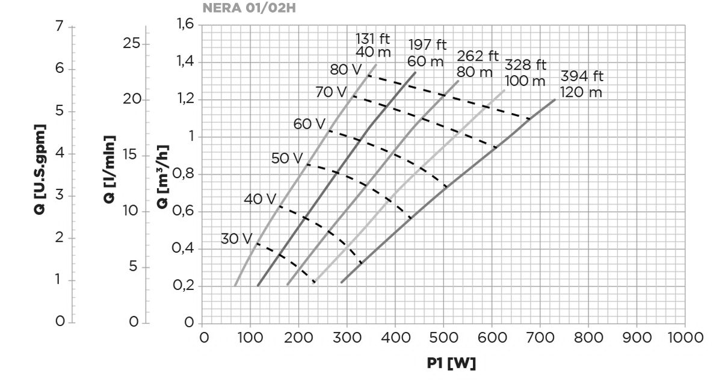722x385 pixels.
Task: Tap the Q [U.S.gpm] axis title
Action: point(40,170)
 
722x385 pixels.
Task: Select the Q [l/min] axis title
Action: point(110,170)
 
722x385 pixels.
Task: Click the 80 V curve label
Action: point(346,69)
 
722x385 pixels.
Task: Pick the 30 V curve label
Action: point(236,239)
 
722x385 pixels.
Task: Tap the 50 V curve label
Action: point(287,158)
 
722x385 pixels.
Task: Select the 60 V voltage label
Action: point(309,125)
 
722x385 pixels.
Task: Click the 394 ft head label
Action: point(581,77)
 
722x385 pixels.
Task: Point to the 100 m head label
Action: point(525,81)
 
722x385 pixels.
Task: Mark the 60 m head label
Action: point(425,61)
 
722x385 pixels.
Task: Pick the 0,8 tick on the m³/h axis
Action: point(184,174)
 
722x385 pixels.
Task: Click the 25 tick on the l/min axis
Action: point(133,44)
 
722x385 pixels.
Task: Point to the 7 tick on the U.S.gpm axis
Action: point(59,27)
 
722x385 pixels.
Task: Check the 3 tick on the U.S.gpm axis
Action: point(59,196)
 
